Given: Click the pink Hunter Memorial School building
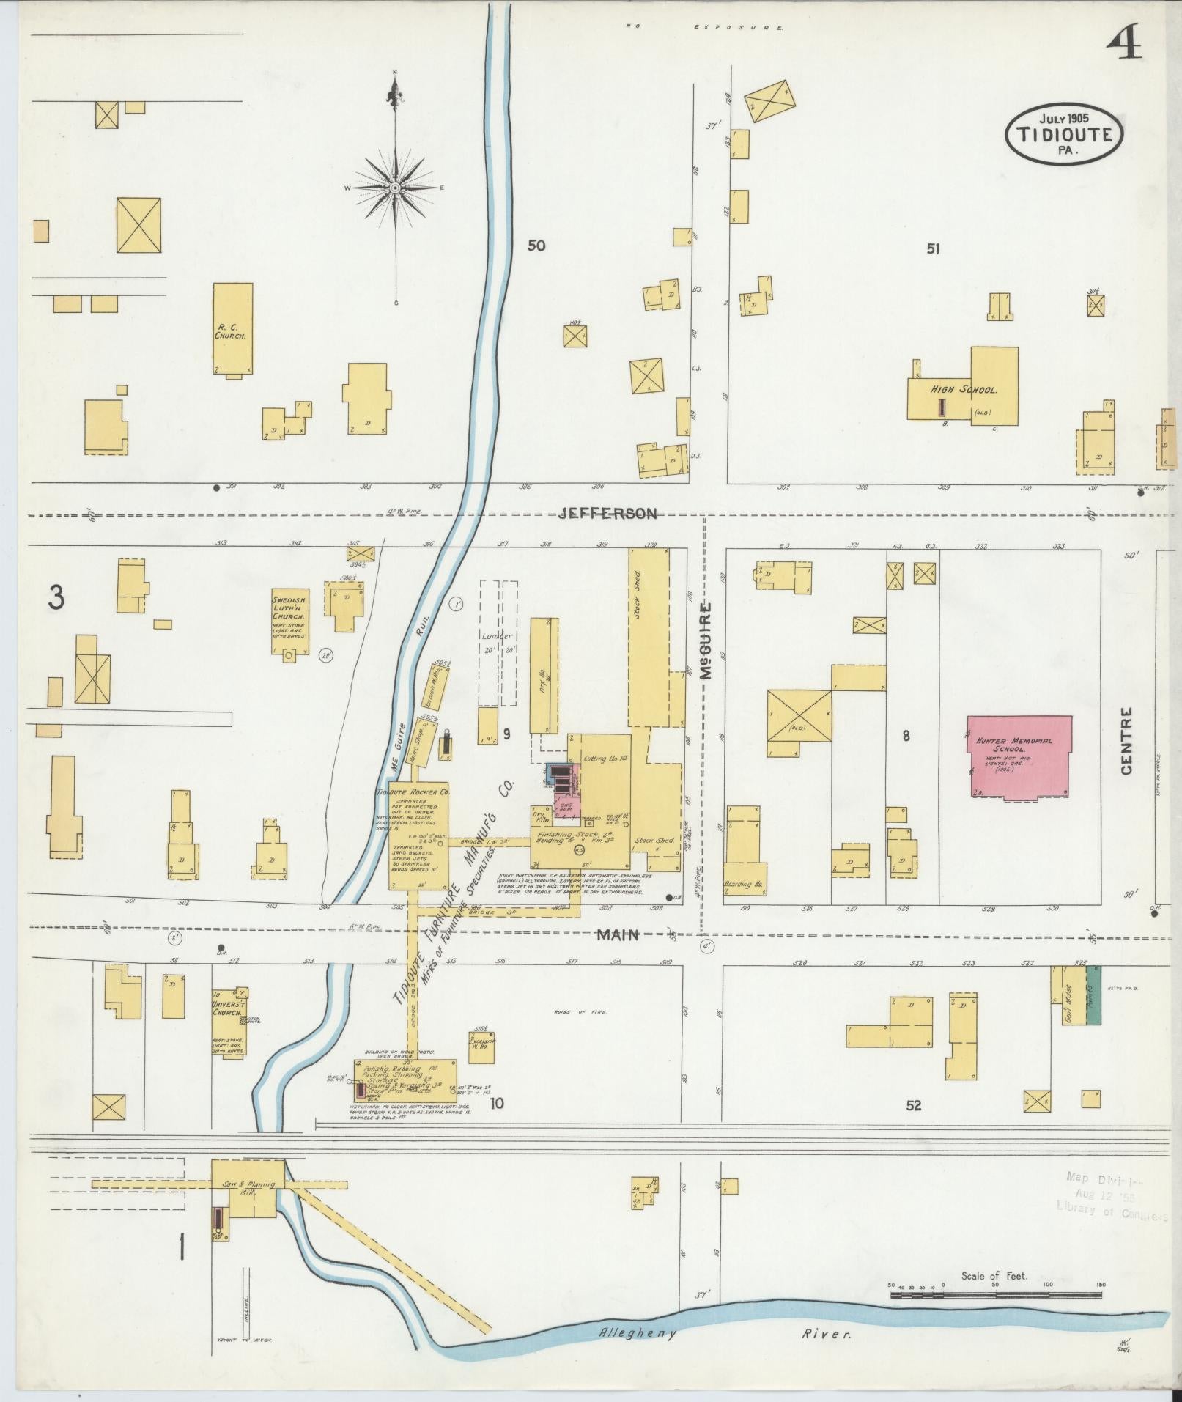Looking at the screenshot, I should [x=1019, y=756].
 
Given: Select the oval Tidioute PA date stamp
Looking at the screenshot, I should [x=1063, y=133].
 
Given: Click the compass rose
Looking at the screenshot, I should [x=395, y=188].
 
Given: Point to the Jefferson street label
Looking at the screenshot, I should [x=607, y=514].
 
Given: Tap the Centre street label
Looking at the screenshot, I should [x=1126, y=740].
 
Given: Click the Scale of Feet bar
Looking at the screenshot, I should [x=996, y=1296].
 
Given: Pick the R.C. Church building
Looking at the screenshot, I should [x=232, y=329].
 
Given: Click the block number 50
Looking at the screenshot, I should [x=536, y=246].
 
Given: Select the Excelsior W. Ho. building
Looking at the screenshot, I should [x=481, y=1047].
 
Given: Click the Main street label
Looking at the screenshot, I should [x=617, y=934].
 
